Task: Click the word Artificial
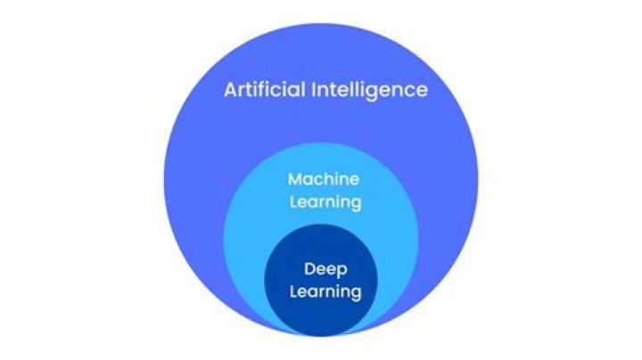click(x=263, y=90)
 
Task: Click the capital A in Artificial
click(x=230, y=90)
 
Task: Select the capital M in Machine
click(x=294, y=180)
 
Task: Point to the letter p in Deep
click(x=341, y=270)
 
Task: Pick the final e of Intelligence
click(x=421, y=91)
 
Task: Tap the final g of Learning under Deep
click(x=355, y=293)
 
